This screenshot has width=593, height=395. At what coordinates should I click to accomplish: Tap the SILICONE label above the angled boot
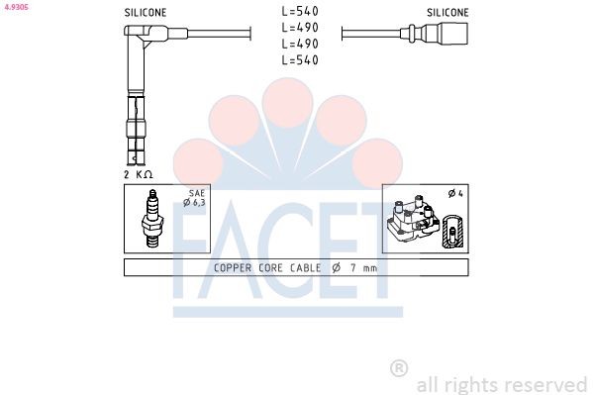[145, 13]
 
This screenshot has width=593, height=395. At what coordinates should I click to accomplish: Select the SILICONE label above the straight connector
[447, 13]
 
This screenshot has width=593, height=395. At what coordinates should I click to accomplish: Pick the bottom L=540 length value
[299, 60]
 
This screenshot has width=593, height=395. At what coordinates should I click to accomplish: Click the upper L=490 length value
[299, 29]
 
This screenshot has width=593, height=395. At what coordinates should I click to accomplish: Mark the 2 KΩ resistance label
[138, 174]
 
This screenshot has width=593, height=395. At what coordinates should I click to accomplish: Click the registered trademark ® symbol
[399, 368]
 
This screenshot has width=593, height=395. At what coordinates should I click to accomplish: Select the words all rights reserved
[501, 384]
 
